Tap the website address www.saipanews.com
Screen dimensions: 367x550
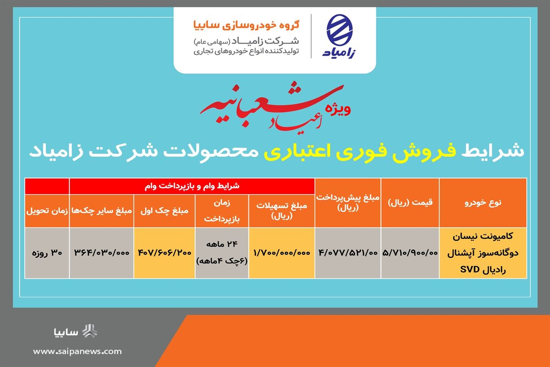pyautogui.click(x=77, y=351)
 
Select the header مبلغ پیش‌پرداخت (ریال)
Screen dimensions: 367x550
pyautogui.click(x=348, y=202)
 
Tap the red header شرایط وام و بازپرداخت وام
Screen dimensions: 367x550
pyautogui.click(x=191, y=186)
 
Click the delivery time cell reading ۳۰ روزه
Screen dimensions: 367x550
pyautogui.click(x=47, y=253)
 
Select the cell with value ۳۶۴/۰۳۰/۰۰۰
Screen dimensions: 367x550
pyautogui.click(x=101, y=253)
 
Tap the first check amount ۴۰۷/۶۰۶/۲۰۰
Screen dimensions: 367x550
pyautogui.click(x=164, y=253)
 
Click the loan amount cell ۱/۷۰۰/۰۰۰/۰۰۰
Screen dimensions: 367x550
pyautogui.click(x=281, y=253)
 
